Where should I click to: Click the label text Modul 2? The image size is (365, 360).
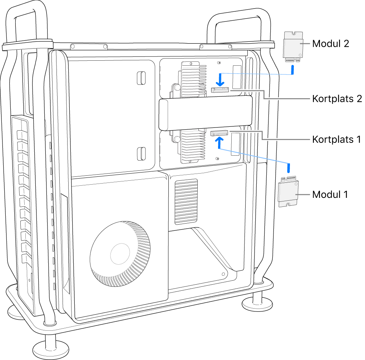point(330,44)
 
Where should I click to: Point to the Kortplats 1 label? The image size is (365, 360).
point(336,139)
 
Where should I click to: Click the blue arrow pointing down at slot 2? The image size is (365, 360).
point(221,79)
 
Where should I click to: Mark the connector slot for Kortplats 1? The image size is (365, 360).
point(218,134)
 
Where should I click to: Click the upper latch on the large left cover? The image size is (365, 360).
point(142,78)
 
